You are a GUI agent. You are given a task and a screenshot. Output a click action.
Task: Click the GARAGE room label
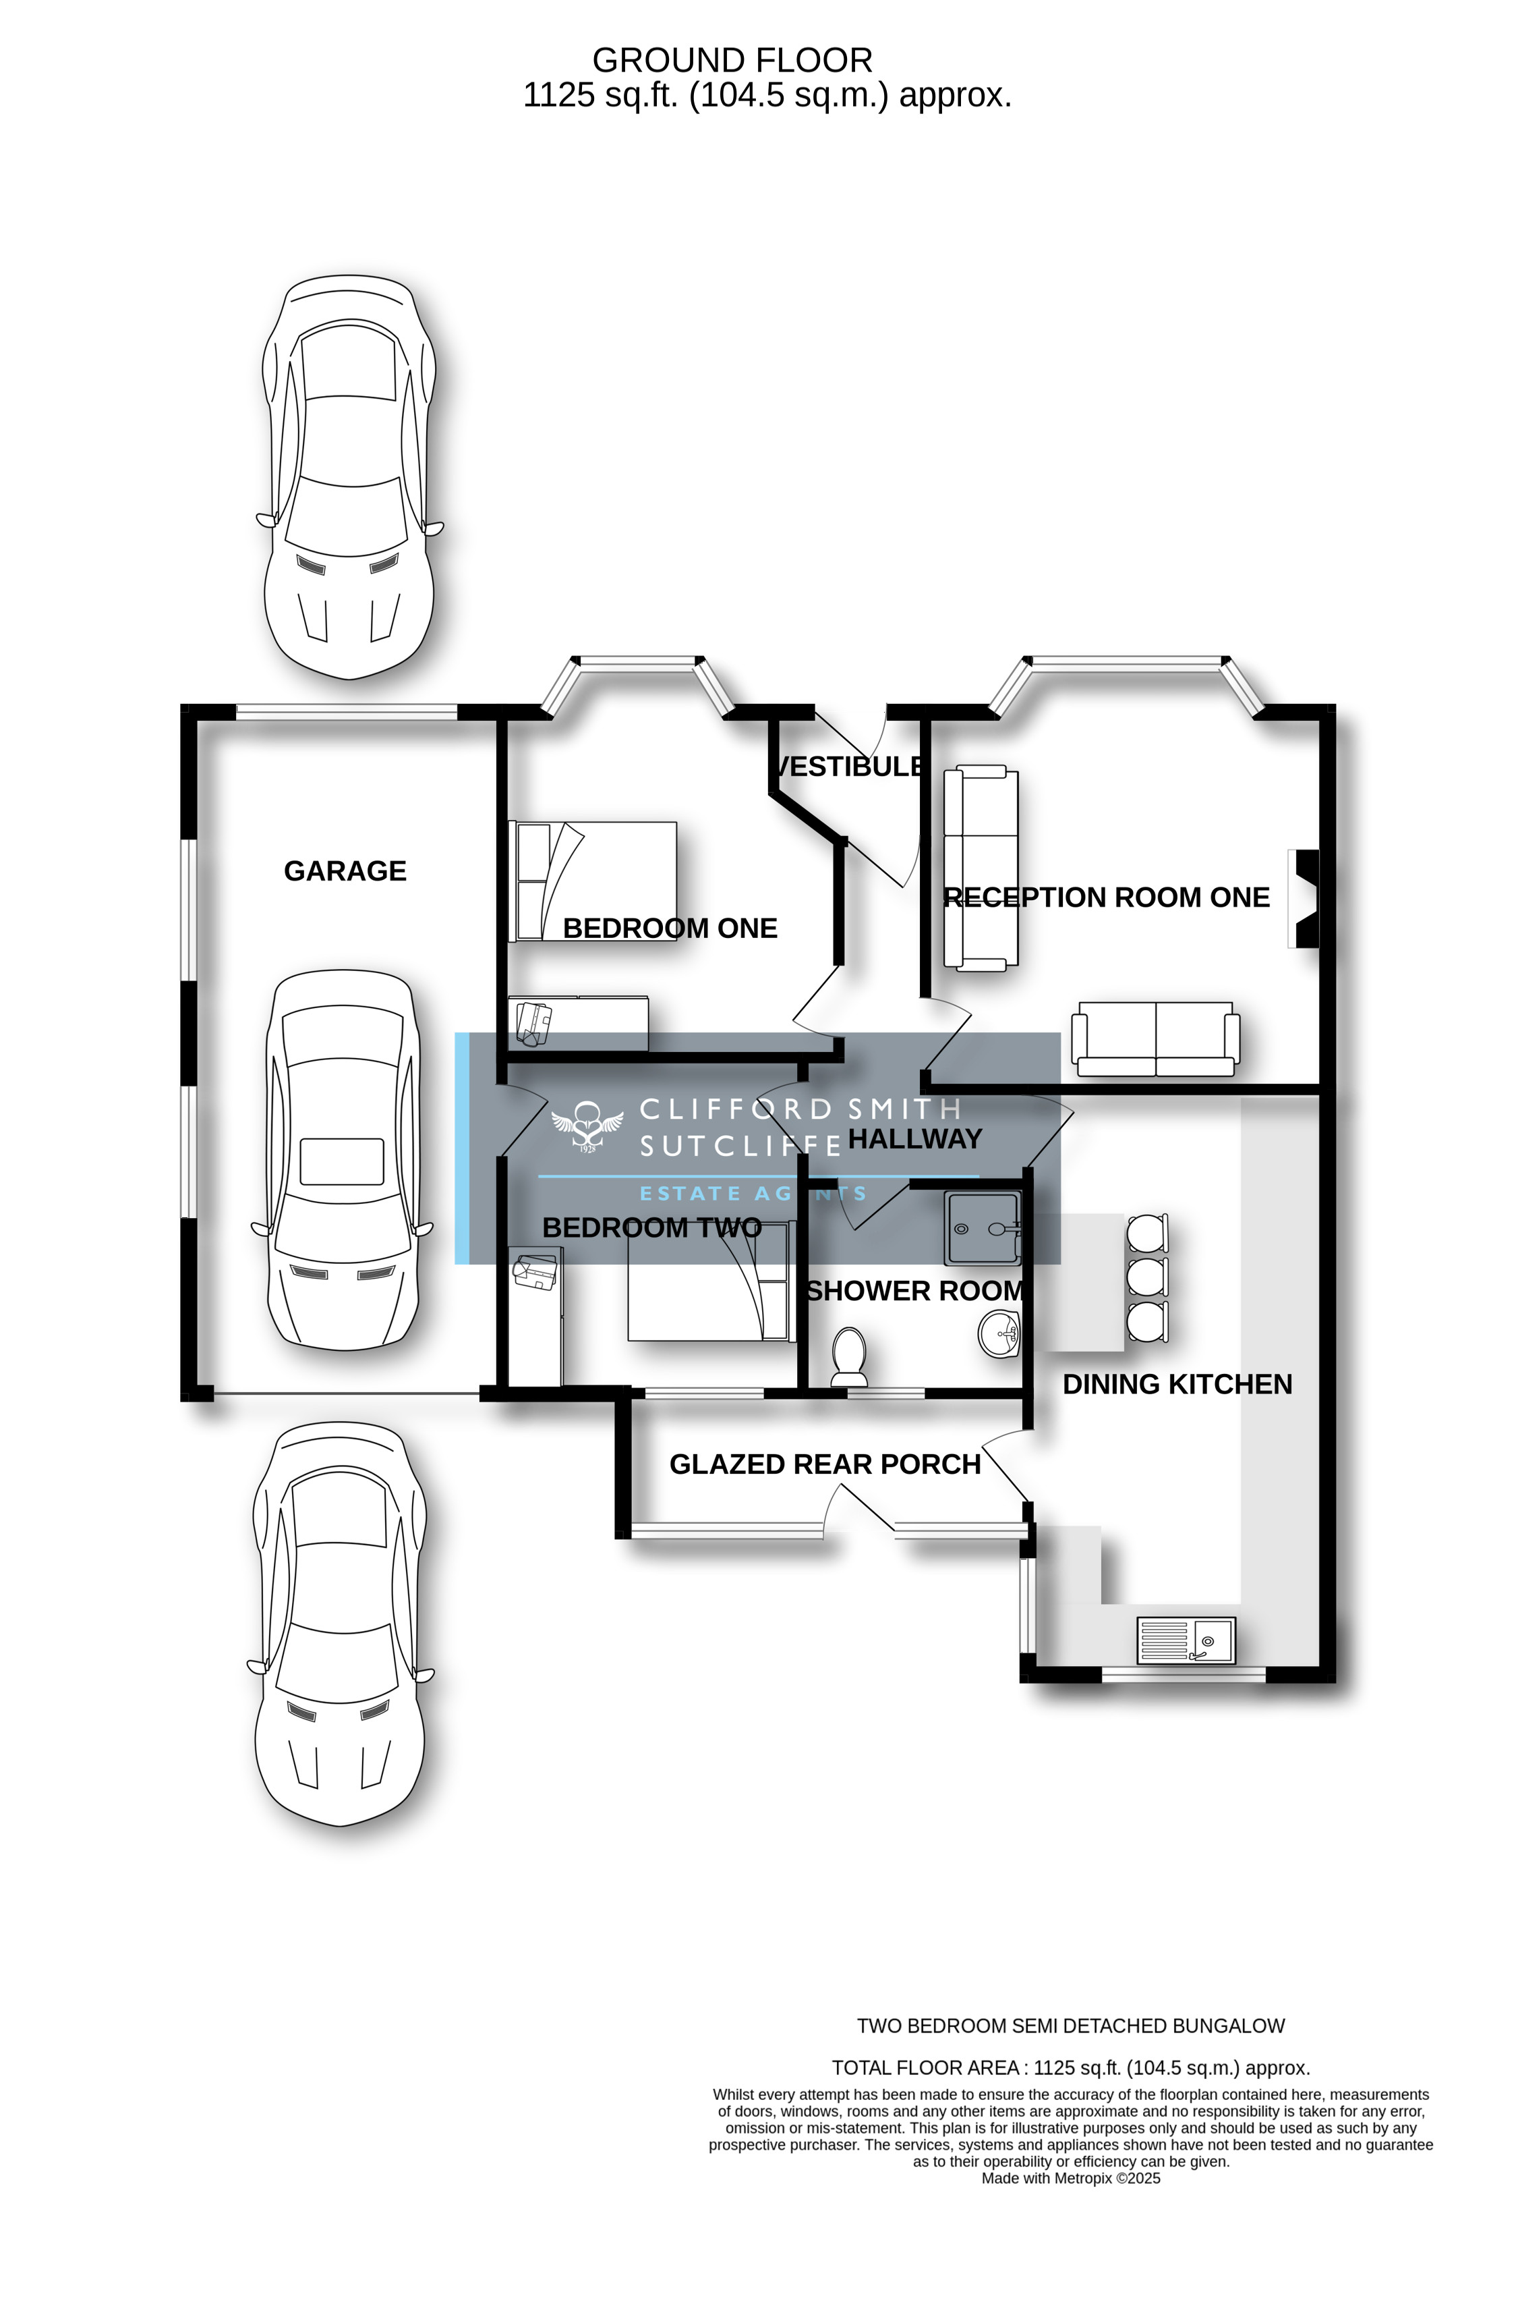[345, 870]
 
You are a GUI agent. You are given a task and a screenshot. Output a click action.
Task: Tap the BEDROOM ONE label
[670, 929]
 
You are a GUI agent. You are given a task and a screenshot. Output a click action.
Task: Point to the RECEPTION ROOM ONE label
[1106, 897]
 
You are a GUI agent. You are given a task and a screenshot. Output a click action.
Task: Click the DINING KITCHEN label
[1177, 1384]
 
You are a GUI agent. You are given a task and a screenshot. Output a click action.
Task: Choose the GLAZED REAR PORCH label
[825, 1464]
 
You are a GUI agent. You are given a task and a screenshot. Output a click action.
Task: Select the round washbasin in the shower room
[999, 1335]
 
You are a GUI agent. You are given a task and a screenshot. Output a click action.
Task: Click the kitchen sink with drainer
[1186, 1640]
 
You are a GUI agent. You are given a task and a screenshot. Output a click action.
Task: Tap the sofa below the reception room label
[1155, 1040]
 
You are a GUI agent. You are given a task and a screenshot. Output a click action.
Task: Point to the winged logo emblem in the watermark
[586, 1128]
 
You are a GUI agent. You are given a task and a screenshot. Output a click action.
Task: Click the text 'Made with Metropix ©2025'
[1070, 2178]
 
